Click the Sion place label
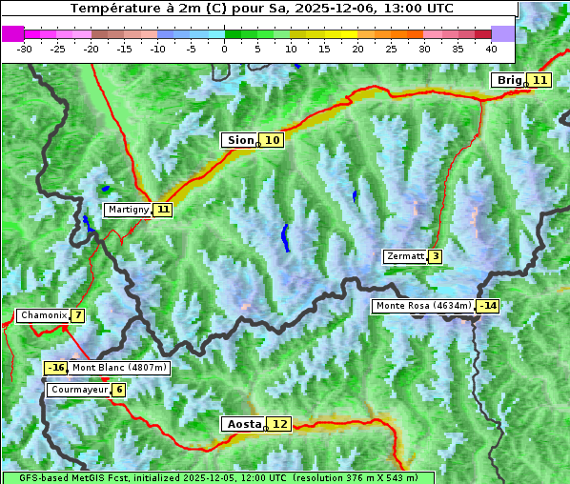239,140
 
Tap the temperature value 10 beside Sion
273,140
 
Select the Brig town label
509,80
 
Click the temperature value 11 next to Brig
539,80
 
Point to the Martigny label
128,210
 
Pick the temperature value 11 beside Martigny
163,210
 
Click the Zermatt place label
404,256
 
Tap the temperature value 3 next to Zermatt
435,256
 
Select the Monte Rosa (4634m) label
423,306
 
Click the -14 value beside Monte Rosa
488,306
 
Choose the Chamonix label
43,315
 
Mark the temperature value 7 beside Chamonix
76,315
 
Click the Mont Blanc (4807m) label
119,368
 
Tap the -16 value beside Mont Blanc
56,368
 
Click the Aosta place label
242,424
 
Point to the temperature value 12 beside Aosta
278,424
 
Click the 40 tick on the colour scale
491,48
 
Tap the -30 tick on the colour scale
25,48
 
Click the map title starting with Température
261,9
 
